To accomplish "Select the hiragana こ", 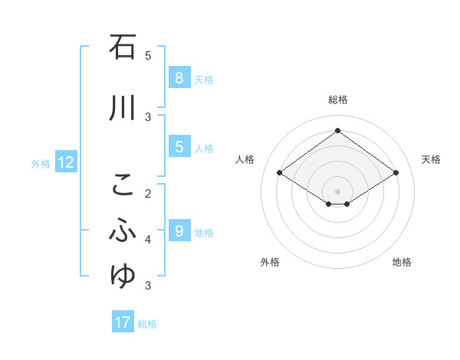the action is (x=123, y=185).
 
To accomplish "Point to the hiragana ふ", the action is (x=123, y=230).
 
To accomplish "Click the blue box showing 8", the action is (x=179, y=78).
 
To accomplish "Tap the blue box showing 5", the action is (x=179, y=147).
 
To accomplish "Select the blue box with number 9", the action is (x=179, y=231).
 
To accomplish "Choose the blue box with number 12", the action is (x=65, y=162).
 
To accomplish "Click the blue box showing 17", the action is (x=123, y=322).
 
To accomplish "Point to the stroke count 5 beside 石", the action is (x=148, y=55).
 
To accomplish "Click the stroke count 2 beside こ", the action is (x=148, y=193).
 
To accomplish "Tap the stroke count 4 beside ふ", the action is (x=148, y=240).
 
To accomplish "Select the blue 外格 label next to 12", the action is (x=41, y=163).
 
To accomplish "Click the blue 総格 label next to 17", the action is (x=147, y=324).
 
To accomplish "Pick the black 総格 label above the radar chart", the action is (x=337, y=100).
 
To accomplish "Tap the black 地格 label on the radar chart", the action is (x=402, y=262).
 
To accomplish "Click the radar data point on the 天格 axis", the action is (x=396, y=173).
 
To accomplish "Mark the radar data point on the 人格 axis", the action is (x=280, y=173).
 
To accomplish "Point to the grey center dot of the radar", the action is (x=337, y=191).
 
